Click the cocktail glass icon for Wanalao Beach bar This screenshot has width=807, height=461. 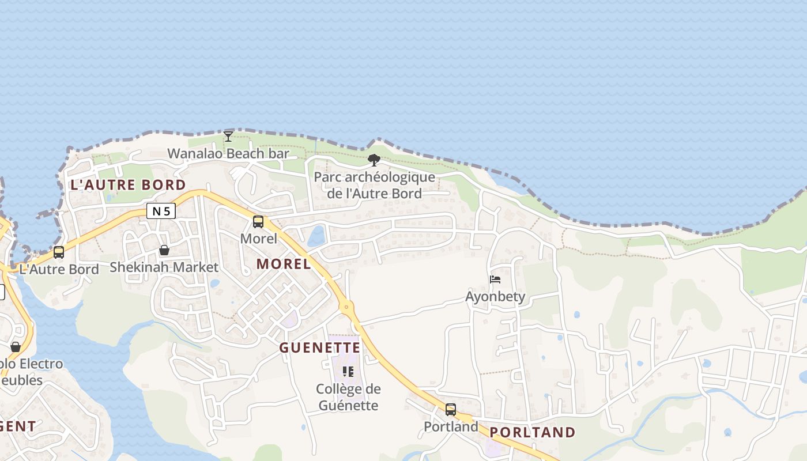(x=228, y=137)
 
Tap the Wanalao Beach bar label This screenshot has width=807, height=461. (x=228, y=153)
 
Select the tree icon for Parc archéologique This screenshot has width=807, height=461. (x=374, y=160)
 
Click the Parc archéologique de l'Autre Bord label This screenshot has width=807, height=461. (x=374, y=185)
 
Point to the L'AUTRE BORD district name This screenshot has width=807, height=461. (x=128, y=185)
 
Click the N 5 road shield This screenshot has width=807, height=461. (x=161, y=211)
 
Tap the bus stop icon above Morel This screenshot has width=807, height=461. (x=258, y=222)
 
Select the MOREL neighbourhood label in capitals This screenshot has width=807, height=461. (x=284, y=264)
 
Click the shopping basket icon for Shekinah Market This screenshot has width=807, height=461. (x=164, y=250)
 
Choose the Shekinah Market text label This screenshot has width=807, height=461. (x=164, y=267)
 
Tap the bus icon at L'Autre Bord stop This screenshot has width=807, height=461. (x=59, y=252)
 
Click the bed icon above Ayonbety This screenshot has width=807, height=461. (x=495, y=280)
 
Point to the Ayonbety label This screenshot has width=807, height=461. (x=495, y=296)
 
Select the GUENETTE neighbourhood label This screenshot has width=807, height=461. (x=320, y=347)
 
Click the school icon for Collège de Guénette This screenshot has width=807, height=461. (x=348, y=372)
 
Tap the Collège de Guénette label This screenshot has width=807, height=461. (x=348, y=397)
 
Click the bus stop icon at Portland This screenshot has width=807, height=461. (x=451, y=410)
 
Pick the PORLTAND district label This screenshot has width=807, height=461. (x=533, y=432)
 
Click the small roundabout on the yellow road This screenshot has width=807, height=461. (x=346, y=307)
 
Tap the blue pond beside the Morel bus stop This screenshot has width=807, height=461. (x=316, y=236)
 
